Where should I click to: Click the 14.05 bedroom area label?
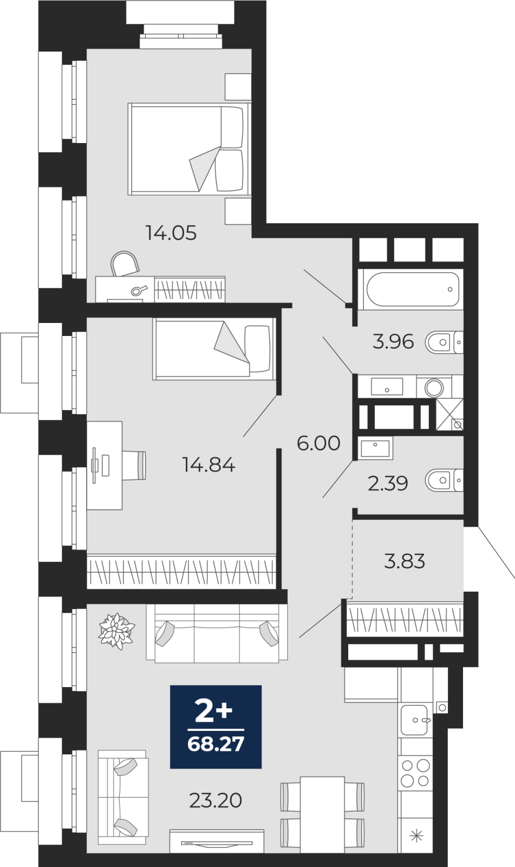tap(171, 233)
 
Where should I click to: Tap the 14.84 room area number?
tap(208, 464)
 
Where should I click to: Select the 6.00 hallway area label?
tap(318, 443)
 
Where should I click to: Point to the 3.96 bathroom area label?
tap(393, 342)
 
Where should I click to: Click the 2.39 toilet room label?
tap(388, 483)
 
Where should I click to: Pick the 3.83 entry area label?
tap(405, 561)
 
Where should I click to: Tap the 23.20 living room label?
tap(216, 800)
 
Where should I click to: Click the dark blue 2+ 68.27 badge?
tap(216, 727)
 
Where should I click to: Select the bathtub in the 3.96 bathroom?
tap(413, 289)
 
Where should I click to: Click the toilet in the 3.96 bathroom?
tap(444, 342)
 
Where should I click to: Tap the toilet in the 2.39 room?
tap(444, 480)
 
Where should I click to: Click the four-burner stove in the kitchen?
tap(415, 773)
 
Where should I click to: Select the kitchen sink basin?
tap(414, 720)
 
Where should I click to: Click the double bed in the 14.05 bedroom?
tap(188, 148)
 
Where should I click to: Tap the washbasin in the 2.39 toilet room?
tap(375, 448)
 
